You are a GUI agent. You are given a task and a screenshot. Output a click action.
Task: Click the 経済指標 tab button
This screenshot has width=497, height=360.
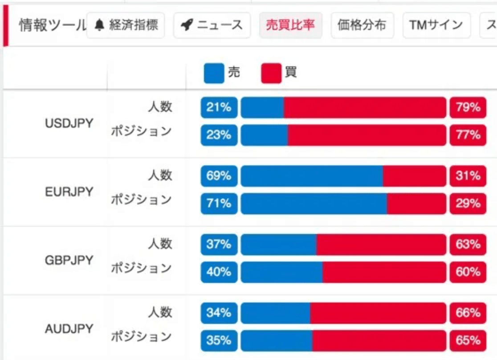[126, 25]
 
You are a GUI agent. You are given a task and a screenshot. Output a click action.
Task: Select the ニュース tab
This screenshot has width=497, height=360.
[212, 25]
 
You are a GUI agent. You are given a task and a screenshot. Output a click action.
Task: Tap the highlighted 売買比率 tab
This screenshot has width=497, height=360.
[290, 25]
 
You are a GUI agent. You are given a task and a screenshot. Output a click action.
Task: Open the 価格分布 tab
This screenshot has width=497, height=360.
[362, 25]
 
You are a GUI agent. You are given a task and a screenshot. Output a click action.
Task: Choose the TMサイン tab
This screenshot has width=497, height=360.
[436, 25]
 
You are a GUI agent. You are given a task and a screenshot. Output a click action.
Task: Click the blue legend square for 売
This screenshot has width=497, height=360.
[214, 73]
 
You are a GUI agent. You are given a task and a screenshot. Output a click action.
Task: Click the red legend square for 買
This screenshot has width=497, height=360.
[271, 73]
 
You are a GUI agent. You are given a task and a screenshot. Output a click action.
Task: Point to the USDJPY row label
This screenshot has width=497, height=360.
[69, 123]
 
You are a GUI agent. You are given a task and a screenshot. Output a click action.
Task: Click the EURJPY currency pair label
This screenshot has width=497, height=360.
[69, 192]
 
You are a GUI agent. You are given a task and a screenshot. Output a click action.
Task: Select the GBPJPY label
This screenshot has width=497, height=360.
[69, 260]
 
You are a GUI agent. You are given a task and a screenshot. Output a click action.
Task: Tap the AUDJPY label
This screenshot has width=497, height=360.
[69, 329]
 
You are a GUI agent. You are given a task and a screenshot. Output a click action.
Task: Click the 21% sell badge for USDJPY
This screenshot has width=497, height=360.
[219, 107]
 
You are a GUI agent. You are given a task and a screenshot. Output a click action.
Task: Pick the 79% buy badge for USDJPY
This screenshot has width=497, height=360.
[468, 107]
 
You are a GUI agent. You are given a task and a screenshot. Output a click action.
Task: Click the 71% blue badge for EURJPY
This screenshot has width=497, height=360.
[219, 204]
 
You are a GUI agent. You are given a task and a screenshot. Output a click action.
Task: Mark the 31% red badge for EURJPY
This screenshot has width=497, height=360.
[468, 176]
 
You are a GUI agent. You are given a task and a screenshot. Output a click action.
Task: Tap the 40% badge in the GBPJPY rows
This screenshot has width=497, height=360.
[219, 272]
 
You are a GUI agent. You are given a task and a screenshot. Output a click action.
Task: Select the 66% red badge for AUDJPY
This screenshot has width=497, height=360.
[468, 313]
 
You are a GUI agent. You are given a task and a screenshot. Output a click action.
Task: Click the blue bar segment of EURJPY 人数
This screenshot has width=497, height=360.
[312, 176]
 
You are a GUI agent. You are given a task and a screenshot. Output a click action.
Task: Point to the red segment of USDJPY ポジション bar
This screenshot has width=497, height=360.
[367, 135]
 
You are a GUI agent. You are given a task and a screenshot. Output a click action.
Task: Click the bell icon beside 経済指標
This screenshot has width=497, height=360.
[100, 25]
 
